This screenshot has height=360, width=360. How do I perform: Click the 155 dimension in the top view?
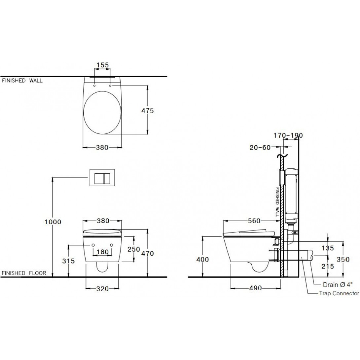click(102, 65)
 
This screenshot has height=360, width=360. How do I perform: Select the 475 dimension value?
click(148, 111)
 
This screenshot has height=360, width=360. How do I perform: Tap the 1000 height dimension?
click(53, 222)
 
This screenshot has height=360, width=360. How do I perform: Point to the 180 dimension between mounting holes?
click(102, 252)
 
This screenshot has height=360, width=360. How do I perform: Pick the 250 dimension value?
click(134, 250)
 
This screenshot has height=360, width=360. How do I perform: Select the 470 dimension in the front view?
click(147, 253)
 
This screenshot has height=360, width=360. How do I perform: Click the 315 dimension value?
click(68, 261)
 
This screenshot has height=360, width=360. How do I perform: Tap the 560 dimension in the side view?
click(254, 221)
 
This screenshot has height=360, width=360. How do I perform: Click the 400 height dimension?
click(202, 260)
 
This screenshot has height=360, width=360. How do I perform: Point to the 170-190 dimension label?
click(288, 135)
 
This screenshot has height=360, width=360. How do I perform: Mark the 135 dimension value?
click(328, 248)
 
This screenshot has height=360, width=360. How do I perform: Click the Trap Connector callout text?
click(339, 293)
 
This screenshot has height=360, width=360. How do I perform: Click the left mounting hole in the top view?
click(95, 86)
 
